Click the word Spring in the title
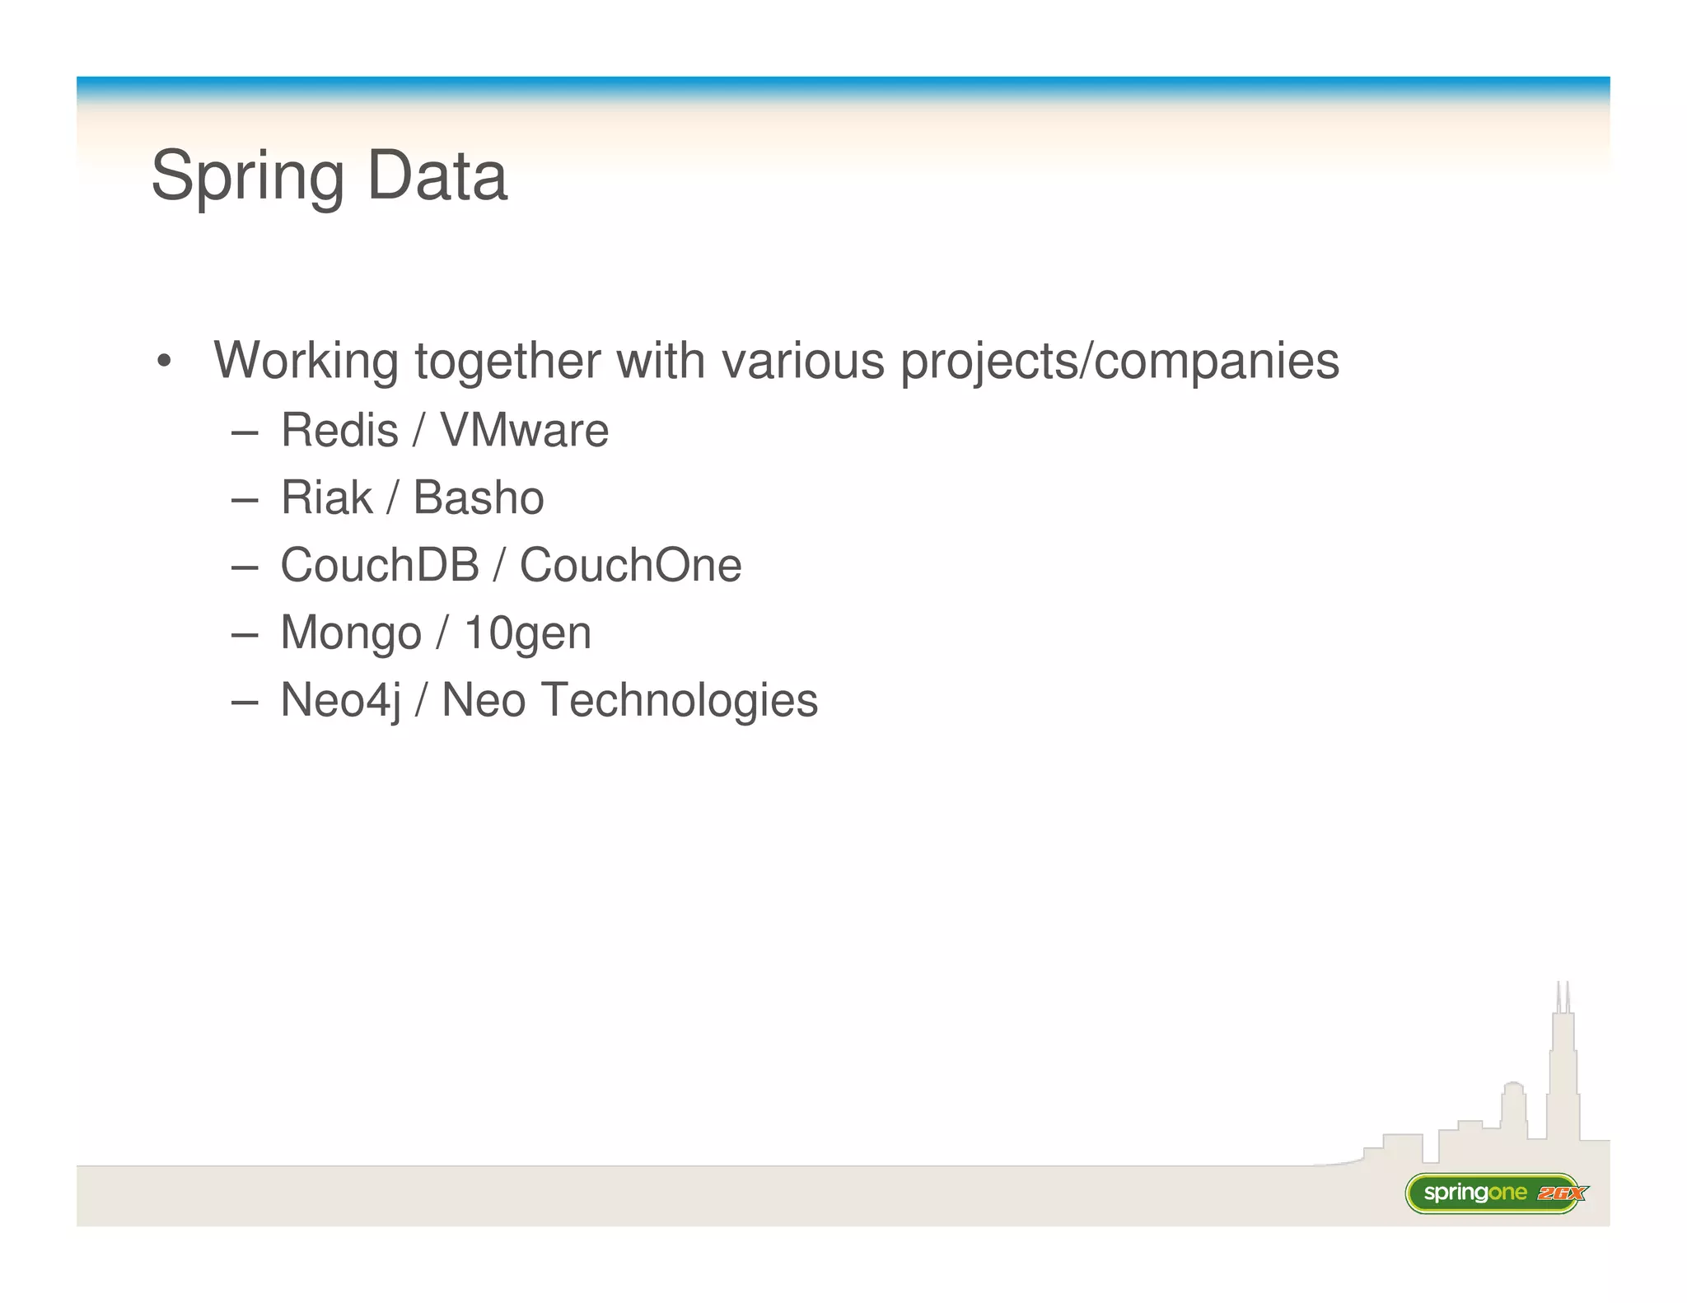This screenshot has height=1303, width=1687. coord(247,177)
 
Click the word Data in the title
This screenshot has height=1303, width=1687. coord(437,175)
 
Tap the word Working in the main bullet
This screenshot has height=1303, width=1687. coord(306,362)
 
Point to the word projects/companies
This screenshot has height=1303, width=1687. coord(1119,362)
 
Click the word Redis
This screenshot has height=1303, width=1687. coord(339,430)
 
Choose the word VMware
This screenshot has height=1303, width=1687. coord(525,430)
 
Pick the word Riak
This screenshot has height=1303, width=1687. coord(326,497)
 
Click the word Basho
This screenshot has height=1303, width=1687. coord(478,497)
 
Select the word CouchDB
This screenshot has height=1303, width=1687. coord(380,565)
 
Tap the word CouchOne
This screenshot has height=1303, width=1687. coord(630,565)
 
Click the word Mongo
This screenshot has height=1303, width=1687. coord(351,633)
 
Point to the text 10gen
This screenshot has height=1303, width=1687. coord(527,633)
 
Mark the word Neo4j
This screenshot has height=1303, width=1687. coord(341,700)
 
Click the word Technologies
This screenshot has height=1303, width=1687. coord(680,700)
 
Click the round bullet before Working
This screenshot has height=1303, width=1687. coord(164,362)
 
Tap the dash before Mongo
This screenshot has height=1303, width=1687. coord(245,634)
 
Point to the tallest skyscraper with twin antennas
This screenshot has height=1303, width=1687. coord(1563,1071)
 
